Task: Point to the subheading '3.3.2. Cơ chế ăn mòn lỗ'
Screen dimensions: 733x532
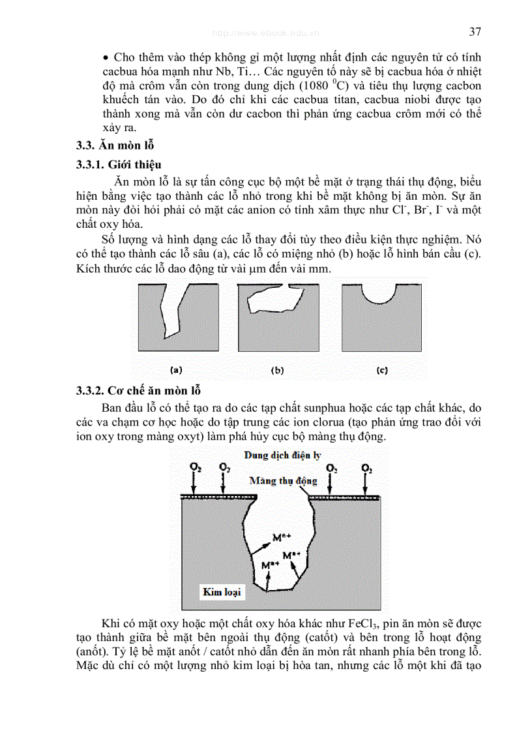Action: pyautogui.click(x=138, y=390)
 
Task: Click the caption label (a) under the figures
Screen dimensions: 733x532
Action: pyautogui.click(x=176, y=370)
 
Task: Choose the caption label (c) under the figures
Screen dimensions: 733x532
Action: pyautogui.click(x=382, y=370)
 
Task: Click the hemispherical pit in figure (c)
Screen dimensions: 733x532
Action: pyautogui.click(x=378, y=294)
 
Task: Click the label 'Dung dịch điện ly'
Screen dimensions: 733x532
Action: pyautogui.click(x=283, y=455)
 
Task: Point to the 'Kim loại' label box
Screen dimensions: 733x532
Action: pyautogui.click(x=222, y=592)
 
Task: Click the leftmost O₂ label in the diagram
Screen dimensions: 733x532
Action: pyautogui.click(x=195, y=468)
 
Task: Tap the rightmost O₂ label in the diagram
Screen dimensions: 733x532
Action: pyautogui.click(x=366, y=469)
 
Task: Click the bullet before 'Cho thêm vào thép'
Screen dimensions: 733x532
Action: pyautogui.click(x=107, y=56)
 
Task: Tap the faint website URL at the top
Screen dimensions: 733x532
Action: pyautogui.click(x=266, y=32)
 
